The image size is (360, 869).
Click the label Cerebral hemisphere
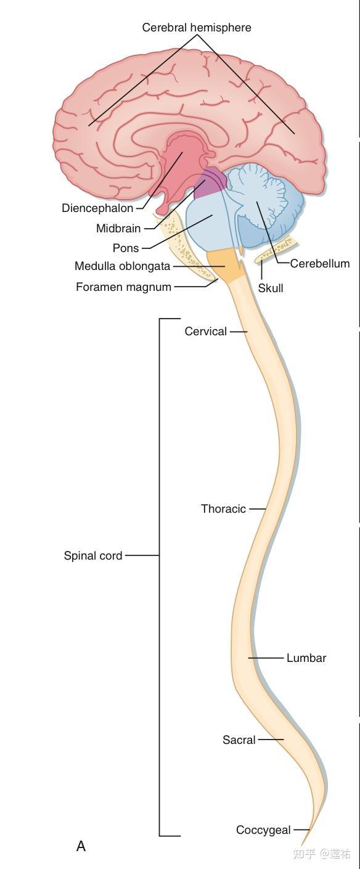[196, 28]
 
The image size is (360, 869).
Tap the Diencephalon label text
[97, 208]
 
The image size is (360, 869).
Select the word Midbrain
[118, 229]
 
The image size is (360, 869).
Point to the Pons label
[126, 248]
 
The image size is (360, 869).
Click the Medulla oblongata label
[122, 266]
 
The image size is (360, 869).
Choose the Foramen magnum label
[123, 287]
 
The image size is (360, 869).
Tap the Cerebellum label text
[320, 264]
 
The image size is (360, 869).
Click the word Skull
[271, 288]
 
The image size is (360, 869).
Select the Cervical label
[206, 332]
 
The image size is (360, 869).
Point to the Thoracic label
[223, 508]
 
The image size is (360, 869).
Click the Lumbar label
[306, 658]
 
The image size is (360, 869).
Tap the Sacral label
[239, 740]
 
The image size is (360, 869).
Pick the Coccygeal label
[263, 830]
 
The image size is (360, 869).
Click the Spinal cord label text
[93, 555]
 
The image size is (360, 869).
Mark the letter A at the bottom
[81, 846]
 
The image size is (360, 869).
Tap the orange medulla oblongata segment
[226, 264]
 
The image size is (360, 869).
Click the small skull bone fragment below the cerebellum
[277, 251]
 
